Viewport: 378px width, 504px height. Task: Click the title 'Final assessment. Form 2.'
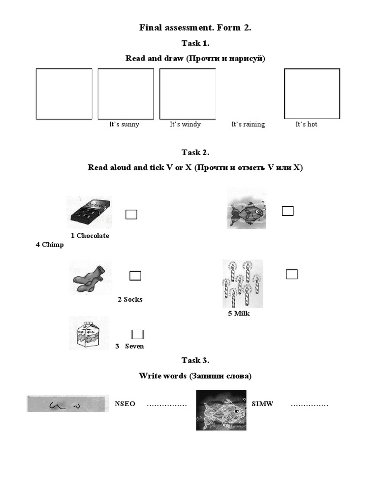tap(195, 28)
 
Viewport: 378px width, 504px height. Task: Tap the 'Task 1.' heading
tap(195, 43)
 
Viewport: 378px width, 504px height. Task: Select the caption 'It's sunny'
tap(124, 125)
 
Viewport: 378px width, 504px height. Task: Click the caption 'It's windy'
tap(185, 125)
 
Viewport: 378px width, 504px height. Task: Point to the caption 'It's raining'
tap(248, 125)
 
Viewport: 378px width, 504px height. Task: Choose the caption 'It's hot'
tap(306, 125)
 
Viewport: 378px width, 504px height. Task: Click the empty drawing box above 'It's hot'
tap(312, 94)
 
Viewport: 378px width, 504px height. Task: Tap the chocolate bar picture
tap(89, 212)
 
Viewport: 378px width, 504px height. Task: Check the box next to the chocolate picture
tap(131, 214)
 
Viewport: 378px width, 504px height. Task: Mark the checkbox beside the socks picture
tap(135, 276)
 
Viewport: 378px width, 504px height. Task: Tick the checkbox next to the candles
tap(292, 274)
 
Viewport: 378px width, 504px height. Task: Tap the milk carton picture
tap(89, 333)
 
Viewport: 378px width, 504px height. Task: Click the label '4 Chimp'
tap(49, 245)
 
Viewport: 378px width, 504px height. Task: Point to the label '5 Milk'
tap(239, 314)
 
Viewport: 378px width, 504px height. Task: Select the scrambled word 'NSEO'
tap(125, 404)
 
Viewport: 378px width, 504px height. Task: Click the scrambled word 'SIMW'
tap(262, 404)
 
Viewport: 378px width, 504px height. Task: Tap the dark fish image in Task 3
tap(221, 410)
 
